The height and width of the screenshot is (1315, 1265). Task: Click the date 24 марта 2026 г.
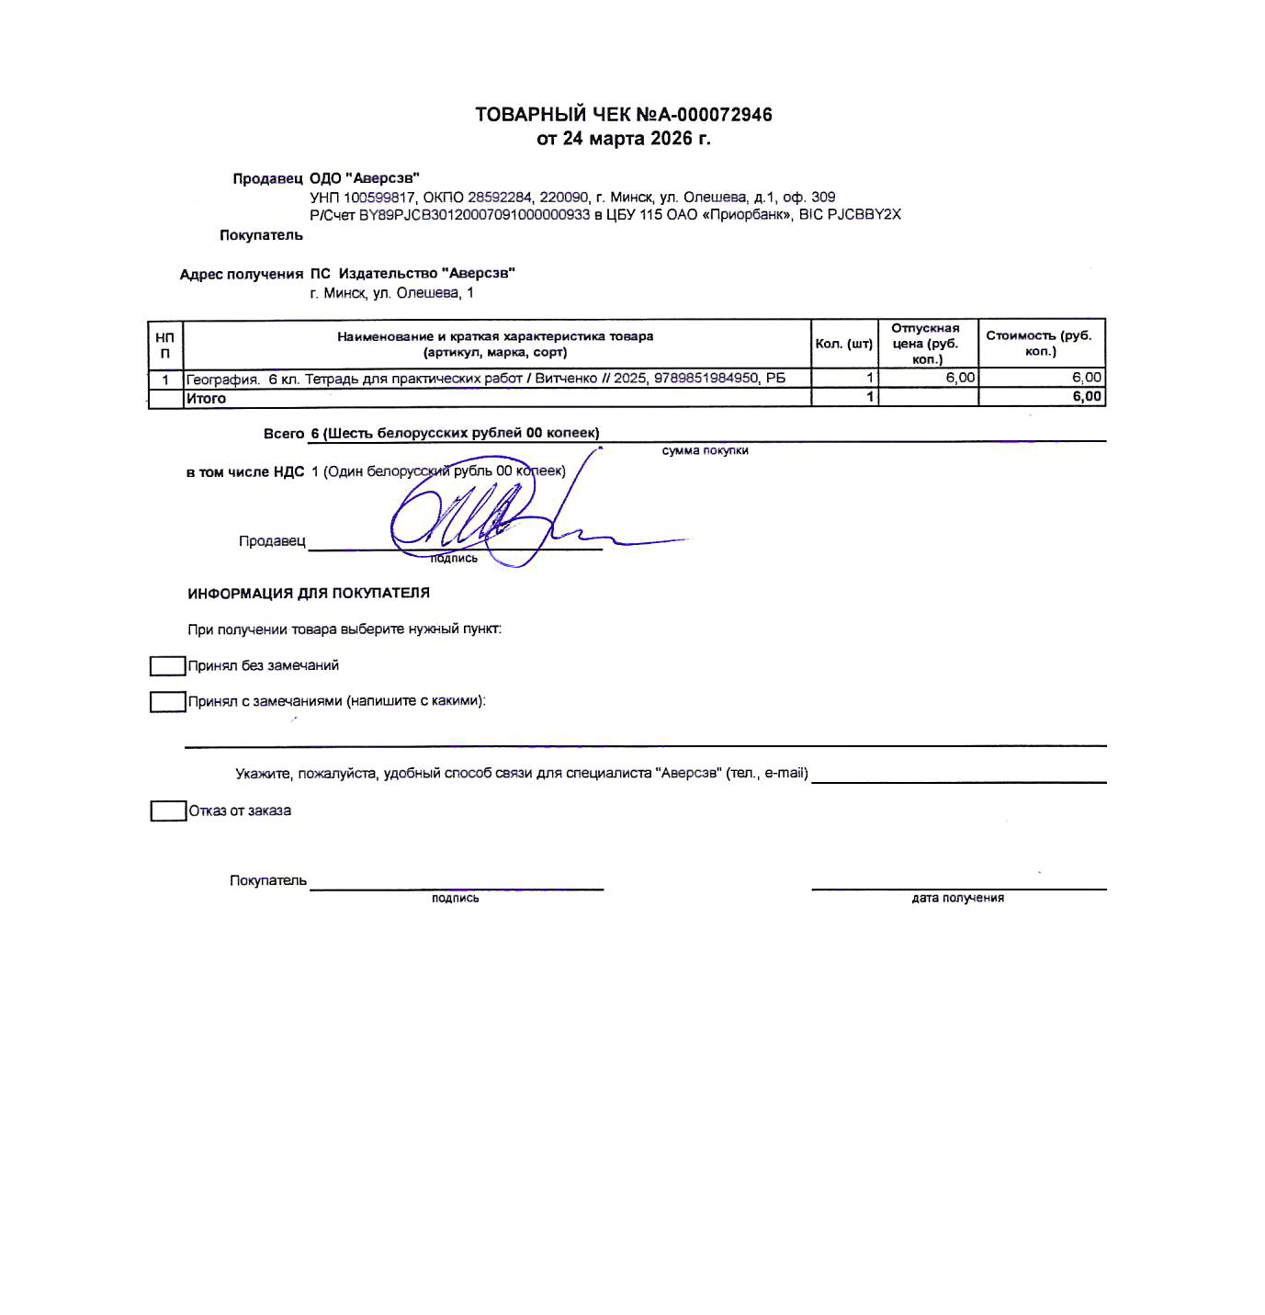pyautogui.click(x=637, y=139)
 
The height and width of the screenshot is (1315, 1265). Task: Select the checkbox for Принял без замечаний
pyautogui.click(x=167, y=666)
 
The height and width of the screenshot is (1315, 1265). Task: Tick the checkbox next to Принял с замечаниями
pyautogui.click(x=167, y=702)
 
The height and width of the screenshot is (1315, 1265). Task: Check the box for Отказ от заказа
pyautogui.click(x=168, y=811)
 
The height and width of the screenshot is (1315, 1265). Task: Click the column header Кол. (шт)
pyautogui.click(x=843, y=344)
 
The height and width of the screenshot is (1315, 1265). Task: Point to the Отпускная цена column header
pyautogui.click(x=925, y=343)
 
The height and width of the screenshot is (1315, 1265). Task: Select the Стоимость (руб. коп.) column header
pyautogui.click(x=1039, y=343)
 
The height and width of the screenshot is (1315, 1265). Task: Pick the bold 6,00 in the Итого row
pyautogui.click(x=1087, y=397)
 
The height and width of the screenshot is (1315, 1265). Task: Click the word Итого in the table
pyautogui.click(x=206, y=399)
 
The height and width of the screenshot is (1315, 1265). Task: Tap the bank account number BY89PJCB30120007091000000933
pyautogui.click(x=474, y=215)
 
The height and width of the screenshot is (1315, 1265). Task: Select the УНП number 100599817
pyautogui.click(x=379, y=198)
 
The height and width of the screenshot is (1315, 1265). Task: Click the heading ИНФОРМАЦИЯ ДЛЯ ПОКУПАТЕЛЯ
pyautogui.click(x=309, y=594)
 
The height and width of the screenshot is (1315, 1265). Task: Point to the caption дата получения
pyautogui.click(x=957, y=899)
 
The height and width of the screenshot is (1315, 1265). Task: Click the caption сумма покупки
pyautogui.click(x=705, y=451)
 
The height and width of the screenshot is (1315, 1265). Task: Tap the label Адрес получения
pyautogui.click(x=242, y=275)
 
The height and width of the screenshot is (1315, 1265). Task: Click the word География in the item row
pyautogui.click(x=221, y=380)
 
